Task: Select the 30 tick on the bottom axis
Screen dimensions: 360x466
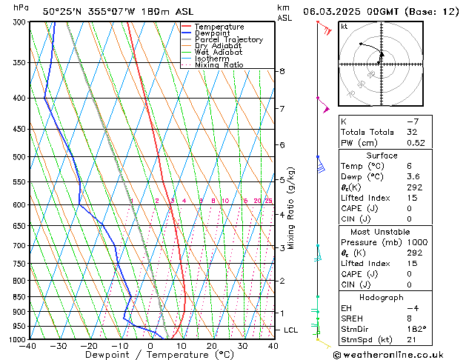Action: tap(242, 346)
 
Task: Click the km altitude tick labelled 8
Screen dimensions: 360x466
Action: tap(282, 71)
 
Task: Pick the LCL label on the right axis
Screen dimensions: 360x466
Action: tap(291, 330)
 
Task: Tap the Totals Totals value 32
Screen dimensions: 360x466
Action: tap(412, 132)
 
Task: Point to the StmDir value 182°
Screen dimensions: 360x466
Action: tap(416, 329)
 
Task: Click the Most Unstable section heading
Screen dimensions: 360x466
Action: tap(381, 232)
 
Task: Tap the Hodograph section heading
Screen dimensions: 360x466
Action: tap(381, 297)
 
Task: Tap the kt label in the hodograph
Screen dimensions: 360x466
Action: tap(344, 26)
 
